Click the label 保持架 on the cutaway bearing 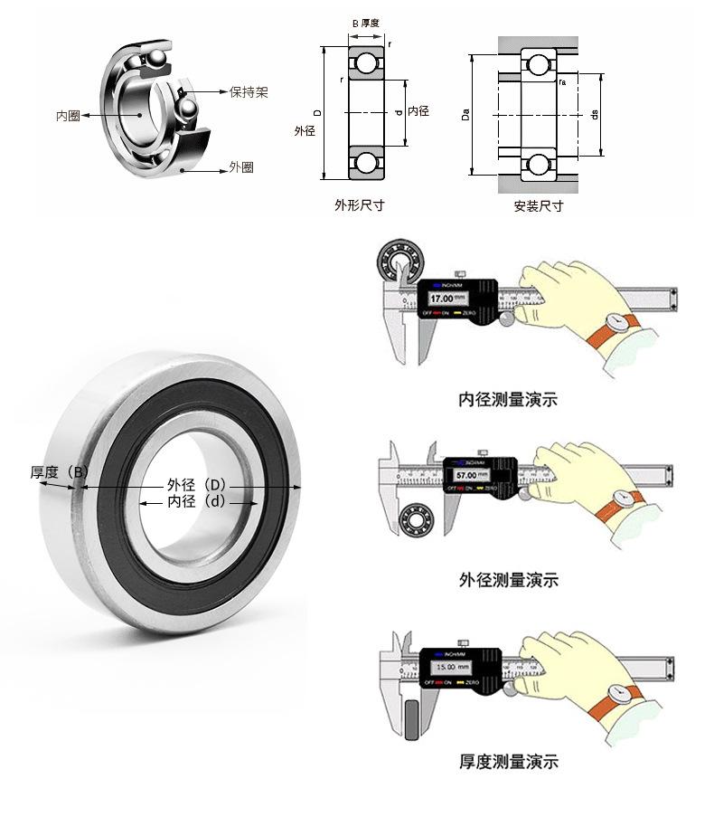[x=249, y=92]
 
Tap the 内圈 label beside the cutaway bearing [x=68, y=116]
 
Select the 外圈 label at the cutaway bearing [x=240, y=167]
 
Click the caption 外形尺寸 [x=359, y=205]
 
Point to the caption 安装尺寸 [x=538, y=205]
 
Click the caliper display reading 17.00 [x=447, y=298]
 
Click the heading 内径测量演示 [x=508, y=399]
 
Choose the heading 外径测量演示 [x=508, y=580]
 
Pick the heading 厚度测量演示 [x=508, y=762]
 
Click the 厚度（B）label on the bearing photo [x=60, y=472]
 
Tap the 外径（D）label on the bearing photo [x=196, y=485]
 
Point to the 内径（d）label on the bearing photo [x=196, y=501]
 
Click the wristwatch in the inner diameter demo [x=620, y=322]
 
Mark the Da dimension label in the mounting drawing [x=465, y=115]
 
